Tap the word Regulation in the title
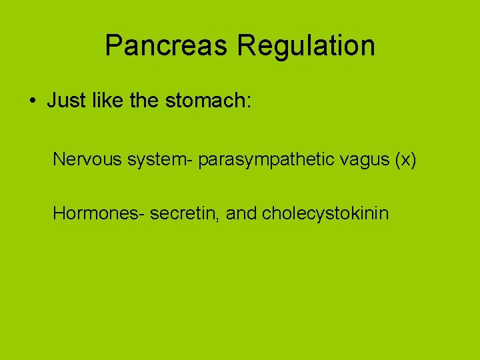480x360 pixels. click(x=306, y=45)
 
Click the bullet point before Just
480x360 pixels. click(x=32, y=101)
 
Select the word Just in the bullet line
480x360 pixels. click(x=64, y=101)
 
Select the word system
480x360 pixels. click(x=149, y=161)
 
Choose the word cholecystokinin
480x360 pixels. click(x=325, y=214)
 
